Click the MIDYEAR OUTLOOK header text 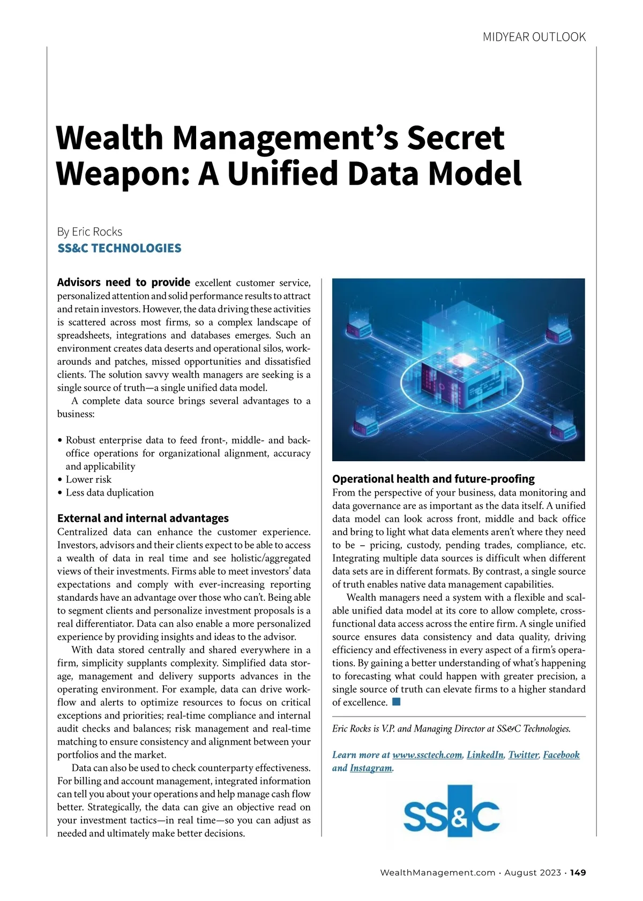534,37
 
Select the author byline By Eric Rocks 89,232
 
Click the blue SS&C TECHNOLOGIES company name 119,248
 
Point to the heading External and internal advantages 143,518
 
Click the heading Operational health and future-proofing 433,478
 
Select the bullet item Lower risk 88,479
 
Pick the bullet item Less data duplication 109,492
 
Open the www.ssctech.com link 427,755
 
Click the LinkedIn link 485,755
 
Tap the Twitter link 524,755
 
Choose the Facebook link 561,755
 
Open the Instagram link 371,768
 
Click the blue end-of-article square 396,701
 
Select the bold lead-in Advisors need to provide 123,282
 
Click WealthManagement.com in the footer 437,873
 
